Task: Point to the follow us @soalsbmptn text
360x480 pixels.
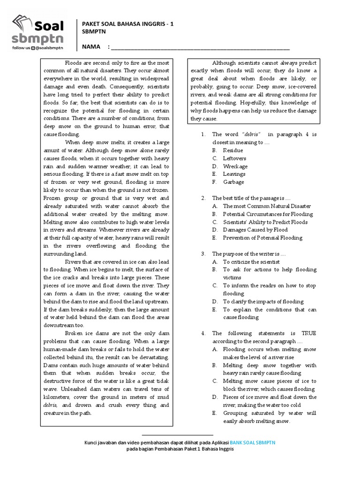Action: click(37, 47)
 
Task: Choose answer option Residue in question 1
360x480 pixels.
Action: click(232, 150)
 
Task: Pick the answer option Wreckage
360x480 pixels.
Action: click(235, 166)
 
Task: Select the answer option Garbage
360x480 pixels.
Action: click(233, 182)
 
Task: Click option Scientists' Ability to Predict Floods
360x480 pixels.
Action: click(265, 222)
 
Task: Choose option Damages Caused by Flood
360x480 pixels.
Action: click(255, 230)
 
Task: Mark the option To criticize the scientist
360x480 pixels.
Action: click(251, 262)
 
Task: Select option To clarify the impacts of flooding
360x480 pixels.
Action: click(263, 302)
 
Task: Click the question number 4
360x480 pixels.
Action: click(203, 334)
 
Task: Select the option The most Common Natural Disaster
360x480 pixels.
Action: click(267, 206)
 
